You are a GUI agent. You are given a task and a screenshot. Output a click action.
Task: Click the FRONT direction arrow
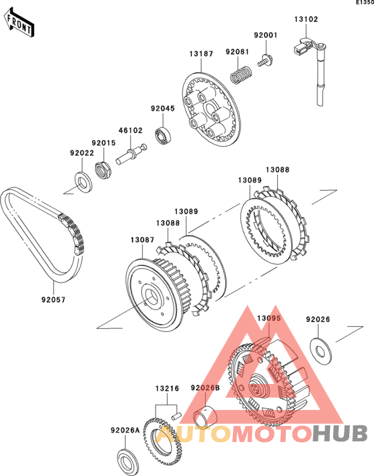click(19, 23)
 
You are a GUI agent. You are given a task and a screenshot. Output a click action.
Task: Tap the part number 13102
click(306, 19)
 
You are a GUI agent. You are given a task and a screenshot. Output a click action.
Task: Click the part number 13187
click(201, 54)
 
